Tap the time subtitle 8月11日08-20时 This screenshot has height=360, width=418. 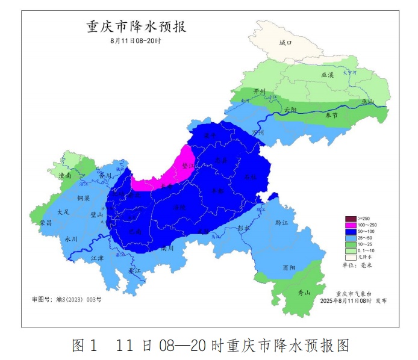click(x=136, y=41)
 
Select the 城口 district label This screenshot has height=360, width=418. click(x=285, y=43)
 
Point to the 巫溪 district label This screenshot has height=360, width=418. click(x=327, y=75)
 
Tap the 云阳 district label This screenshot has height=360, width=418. click(x=291, y=110)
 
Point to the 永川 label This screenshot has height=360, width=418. click(x=71, y=238)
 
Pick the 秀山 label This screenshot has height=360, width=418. click(x=304, y=293)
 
